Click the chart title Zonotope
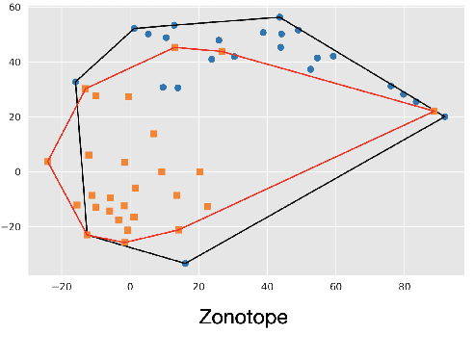pyautogui.click(x=243, y=317)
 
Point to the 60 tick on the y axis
pyautogui.click(x=14, y=8)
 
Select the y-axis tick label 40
pyautogui.click(x=14, y=63)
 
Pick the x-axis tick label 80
pyautogui.click(x=403, y=286)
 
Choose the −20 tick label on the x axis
pyautogui.click(x=62, y=286)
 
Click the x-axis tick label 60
pyautogui.click(x=335, y=286)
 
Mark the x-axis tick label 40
pyautogui.click(x=267, y=286)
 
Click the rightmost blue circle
pyautogui.click(x=444, y=116)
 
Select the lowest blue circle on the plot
pyautogui.click(x=185, y=263)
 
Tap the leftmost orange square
pyautogui.click(x=47, y=162)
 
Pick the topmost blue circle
pyautogui.click(x=279, y=17)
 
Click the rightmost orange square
pyautogui.click(x=434, y=112)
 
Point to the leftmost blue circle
pyautogui.click(x=75, y=82)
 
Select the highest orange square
pyautogui.click(x=174, y=47)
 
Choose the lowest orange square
pyautogui.click(x=125, y=243)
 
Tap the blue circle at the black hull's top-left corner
pyautogui.click(x=134, y=29)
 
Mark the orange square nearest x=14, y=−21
pyautogui.click(x=178, y=229)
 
